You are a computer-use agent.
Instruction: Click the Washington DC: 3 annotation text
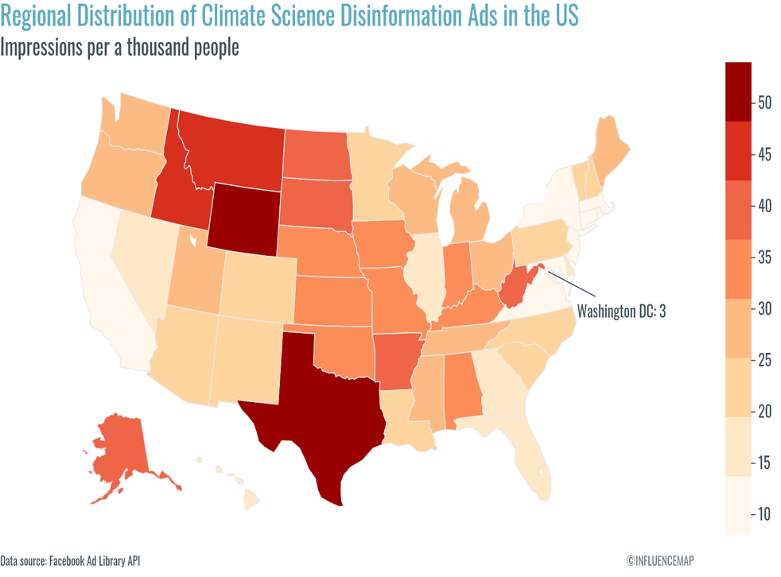(620, 311)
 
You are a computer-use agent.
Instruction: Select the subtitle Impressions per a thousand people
(119, 48)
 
